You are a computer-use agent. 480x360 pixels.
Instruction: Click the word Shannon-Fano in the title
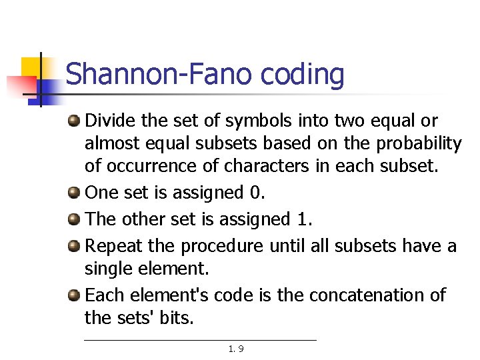pyautogui.click(x=159, y=75)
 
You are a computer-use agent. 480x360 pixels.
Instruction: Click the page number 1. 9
pyautogui.click(x=235, y=349)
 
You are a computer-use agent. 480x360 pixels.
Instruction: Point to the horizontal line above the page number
pyautogui.click(x=200, y=340)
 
